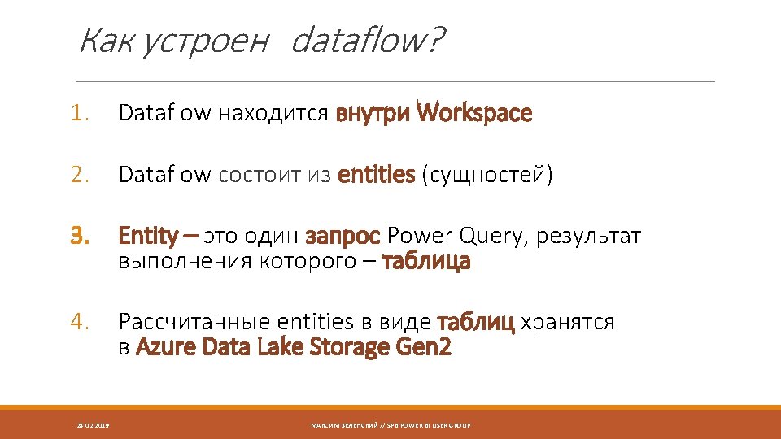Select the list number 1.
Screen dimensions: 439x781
coord(80,114)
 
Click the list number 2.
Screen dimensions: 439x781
coord(80,175)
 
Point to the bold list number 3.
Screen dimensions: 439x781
coord(80,237)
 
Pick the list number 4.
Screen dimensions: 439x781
coord(80,323)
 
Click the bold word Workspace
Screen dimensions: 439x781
coord(474,114)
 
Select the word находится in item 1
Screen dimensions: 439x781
coord(273,114)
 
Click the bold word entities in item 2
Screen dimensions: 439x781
coord(376,175)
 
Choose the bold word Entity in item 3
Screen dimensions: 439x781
coord(149,237)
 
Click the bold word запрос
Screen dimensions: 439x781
coord(343,237)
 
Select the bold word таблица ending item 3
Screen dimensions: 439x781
coord(426,262)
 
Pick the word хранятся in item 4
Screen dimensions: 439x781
coord(568,323)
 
